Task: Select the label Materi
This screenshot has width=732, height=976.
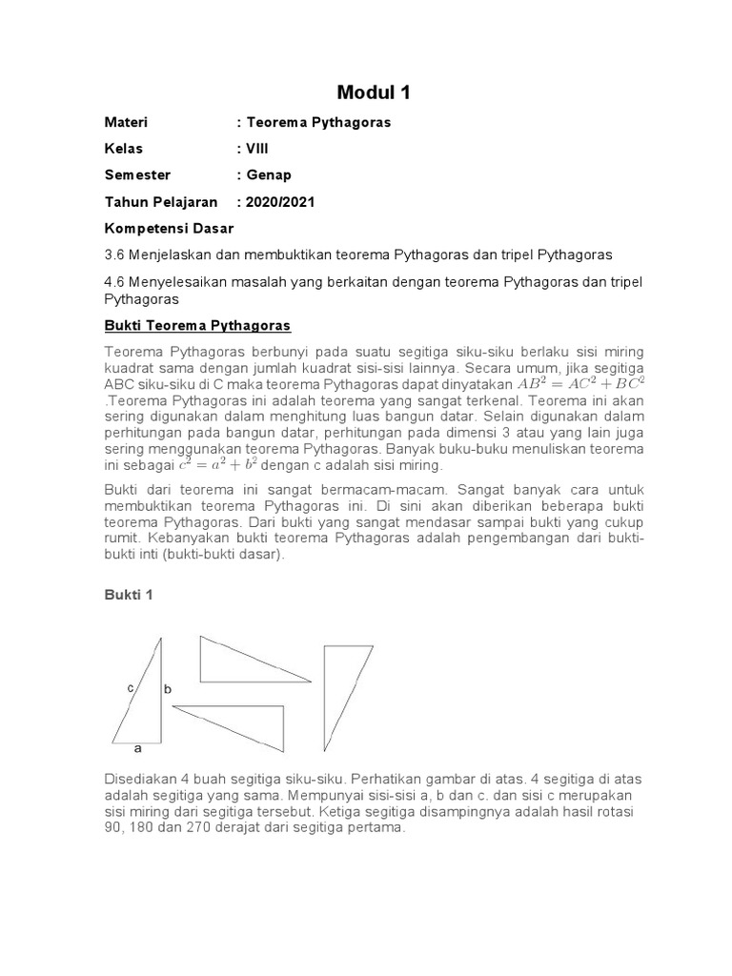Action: [x=126, y=123]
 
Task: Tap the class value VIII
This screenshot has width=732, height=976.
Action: [x=254, y=150]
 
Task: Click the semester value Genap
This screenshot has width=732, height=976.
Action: [x=270, y=175]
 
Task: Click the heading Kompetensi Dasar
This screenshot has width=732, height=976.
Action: [x=169, y=229]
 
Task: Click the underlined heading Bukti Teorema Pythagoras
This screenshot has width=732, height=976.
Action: [x=196, y=326]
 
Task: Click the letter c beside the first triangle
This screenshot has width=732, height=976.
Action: [x=130, y=686]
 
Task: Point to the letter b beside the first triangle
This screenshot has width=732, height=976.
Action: [x=168, y=687]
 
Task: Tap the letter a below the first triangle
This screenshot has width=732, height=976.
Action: [x=137, y=748]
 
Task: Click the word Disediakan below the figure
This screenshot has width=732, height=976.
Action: [x=140, y=779]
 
